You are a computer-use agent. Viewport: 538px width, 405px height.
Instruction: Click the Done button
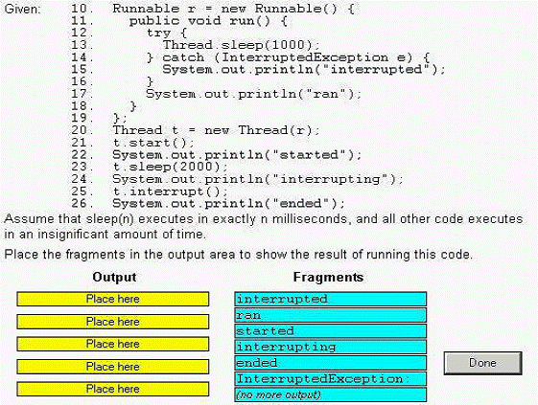tap(482, 363)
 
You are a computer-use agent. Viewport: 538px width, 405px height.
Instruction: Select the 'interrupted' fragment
tap(331, 299)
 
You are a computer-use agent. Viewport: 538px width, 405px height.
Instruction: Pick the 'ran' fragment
tap(331, 315)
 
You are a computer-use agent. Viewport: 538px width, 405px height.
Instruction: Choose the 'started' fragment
tap(331, 331)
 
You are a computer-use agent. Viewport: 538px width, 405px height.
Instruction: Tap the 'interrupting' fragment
tap(331, 347)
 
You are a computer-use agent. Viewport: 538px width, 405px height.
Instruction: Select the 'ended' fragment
tap(331, 363)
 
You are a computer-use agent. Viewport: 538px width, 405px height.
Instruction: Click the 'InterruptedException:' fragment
tap(331, 378)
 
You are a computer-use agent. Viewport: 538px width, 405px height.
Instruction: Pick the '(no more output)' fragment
tap(331, 394)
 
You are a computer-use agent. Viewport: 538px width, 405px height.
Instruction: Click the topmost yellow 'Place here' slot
tap(113, 299)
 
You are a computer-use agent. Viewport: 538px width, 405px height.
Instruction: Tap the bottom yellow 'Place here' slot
tap(113, 389)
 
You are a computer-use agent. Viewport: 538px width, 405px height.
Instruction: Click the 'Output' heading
tap(114, 277)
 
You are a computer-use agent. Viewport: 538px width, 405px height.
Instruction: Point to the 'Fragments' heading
tap(328, 277)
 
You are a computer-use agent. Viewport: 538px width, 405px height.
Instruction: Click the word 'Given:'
tap(22, 9)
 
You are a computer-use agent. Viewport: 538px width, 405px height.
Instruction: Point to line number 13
tap(82, 45)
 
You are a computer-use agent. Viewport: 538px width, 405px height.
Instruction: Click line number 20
tap(82, 130)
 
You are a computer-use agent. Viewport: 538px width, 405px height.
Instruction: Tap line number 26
tap(82, 203)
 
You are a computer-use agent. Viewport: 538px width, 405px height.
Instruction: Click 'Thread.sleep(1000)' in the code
tap(237, 45)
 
